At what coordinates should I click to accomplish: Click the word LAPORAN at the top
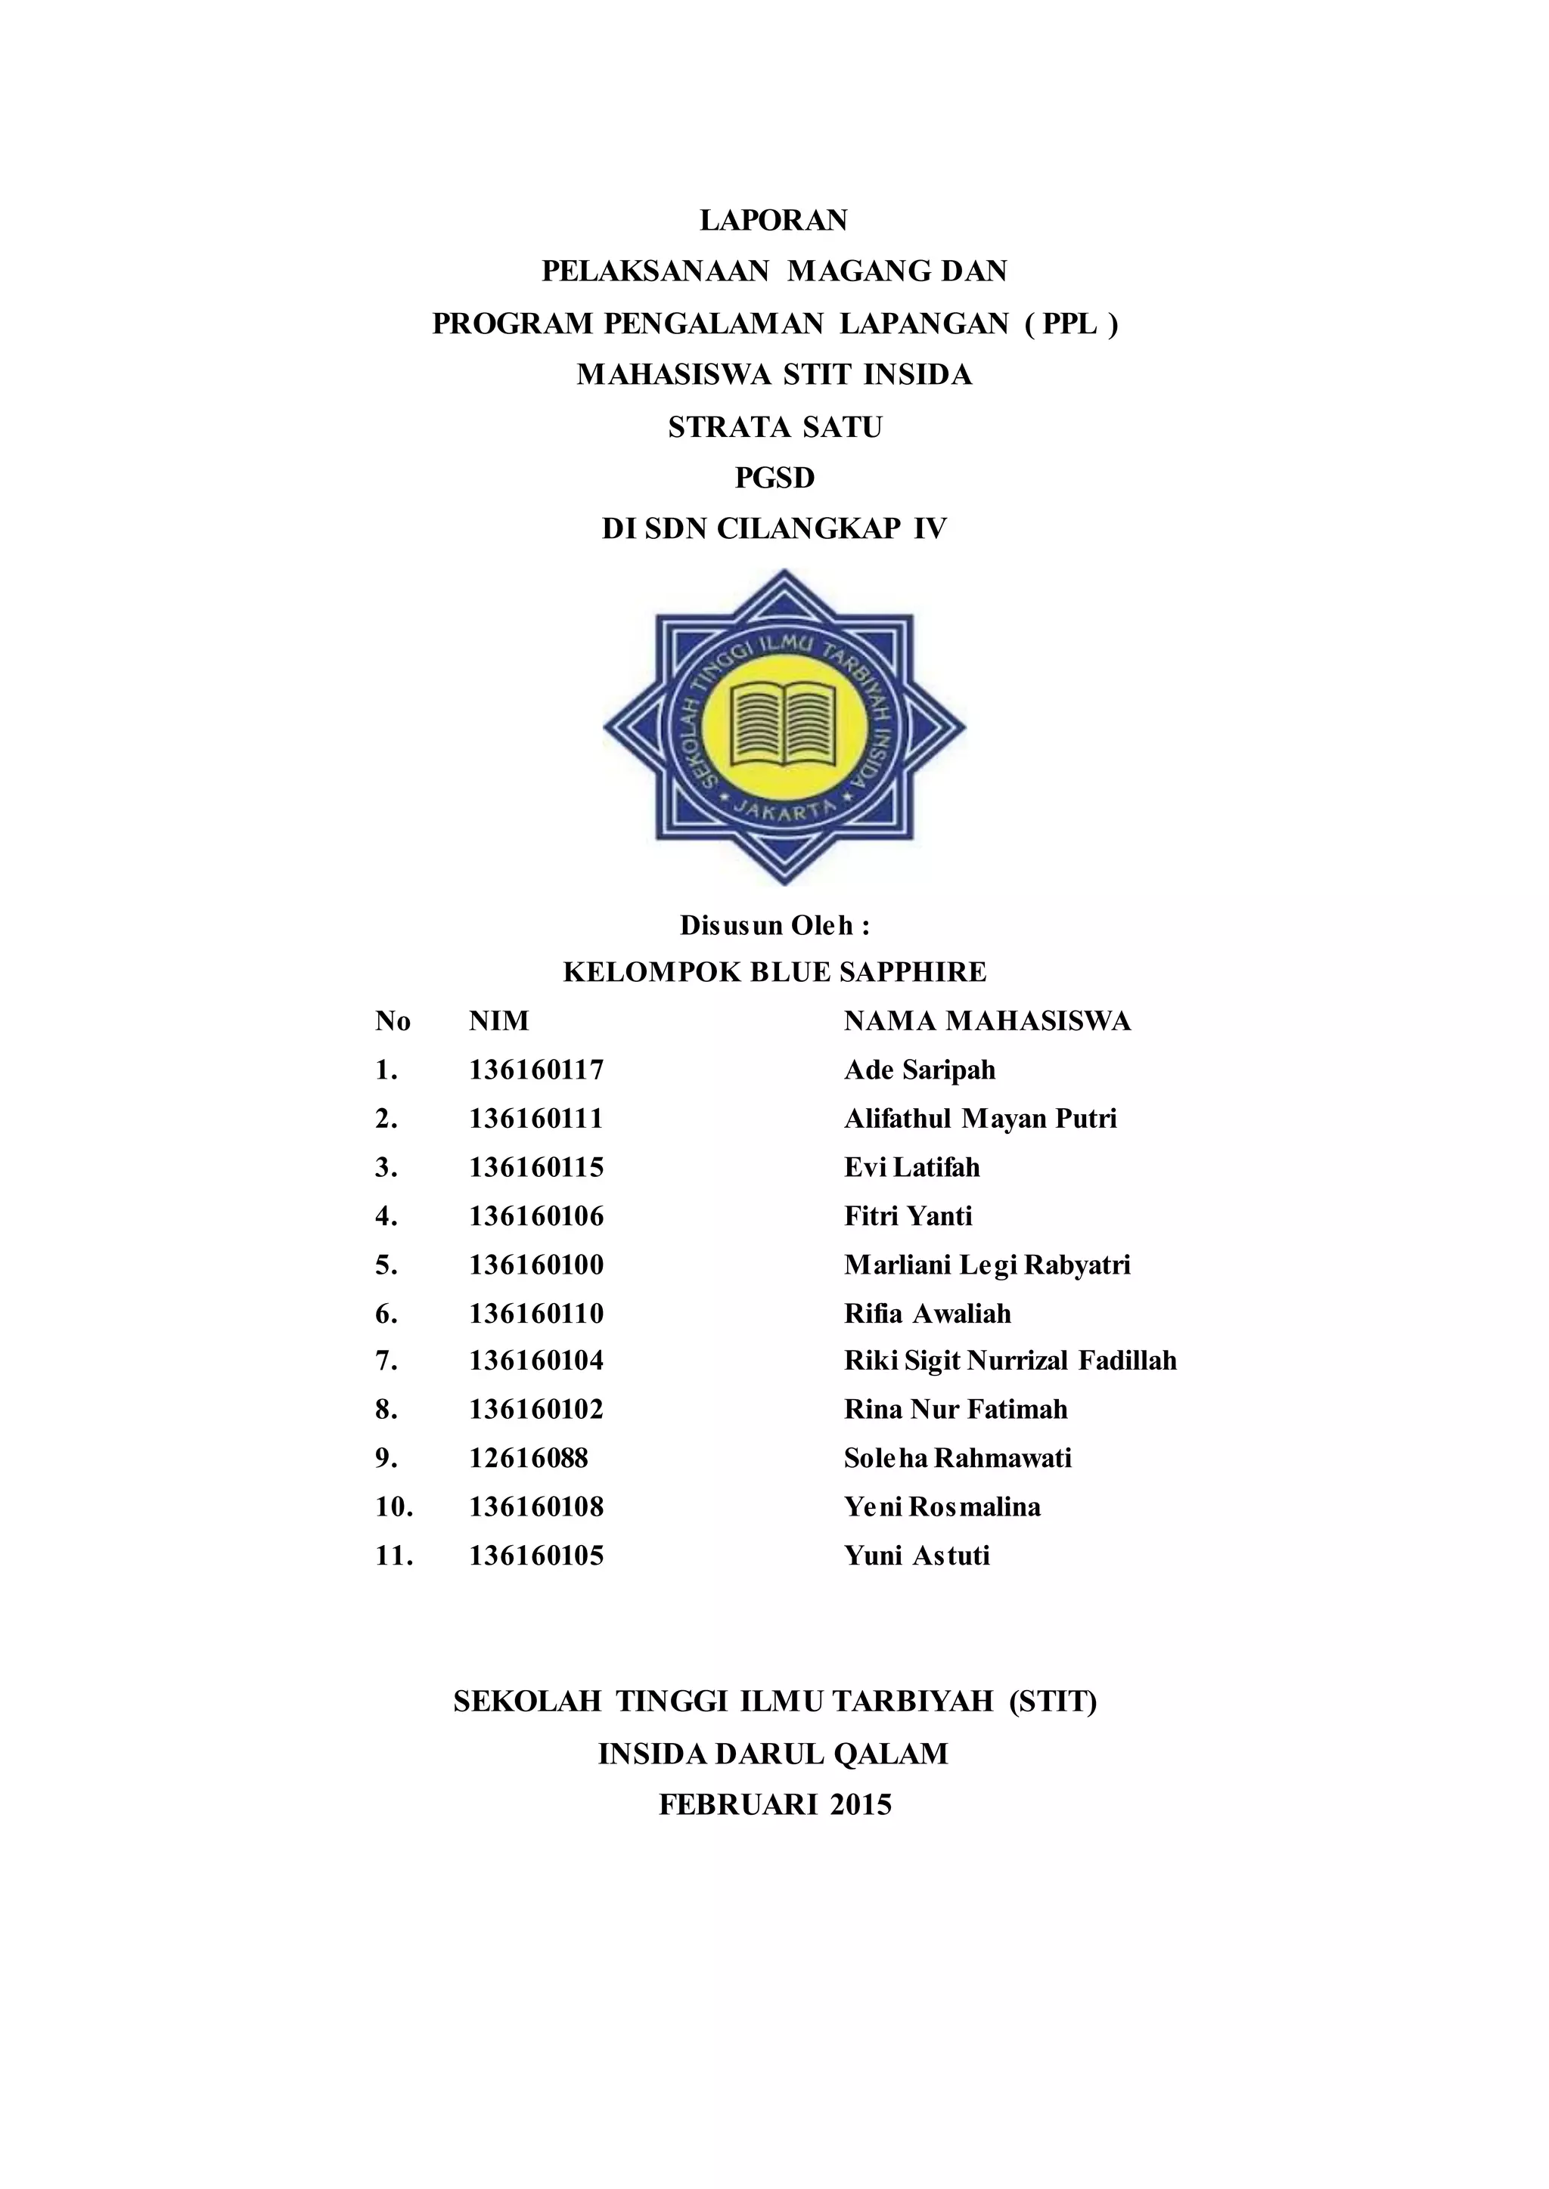pos(774,220)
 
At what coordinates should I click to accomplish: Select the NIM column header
pos(498,1021)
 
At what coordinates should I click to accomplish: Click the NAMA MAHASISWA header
pos(987,1021)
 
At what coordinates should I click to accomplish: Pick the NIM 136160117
pos(536,1070)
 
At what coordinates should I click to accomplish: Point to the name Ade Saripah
pos(920,1070)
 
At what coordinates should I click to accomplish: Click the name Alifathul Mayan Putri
pos(979,1119)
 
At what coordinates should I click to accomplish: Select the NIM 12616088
pos(529,1458)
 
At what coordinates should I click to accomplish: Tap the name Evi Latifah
pos(912,1167)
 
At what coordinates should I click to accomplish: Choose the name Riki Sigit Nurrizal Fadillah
pos(1010,1361)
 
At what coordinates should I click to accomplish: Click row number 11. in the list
pos(394,1556)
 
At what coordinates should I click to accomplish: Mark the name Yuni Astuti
pos(917,1556)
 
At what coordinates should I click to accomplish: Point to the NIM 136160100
pos(536,1265)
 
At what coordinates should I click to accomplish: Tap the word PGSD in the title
pos(774,478)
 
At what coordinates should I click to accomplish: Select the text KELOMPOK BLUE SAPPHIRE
pos(774,973)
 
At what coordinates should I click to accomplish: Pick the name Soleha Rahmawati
pos(958,1458)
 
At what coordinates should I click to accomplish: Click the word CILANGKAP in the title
pos(808,529)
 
